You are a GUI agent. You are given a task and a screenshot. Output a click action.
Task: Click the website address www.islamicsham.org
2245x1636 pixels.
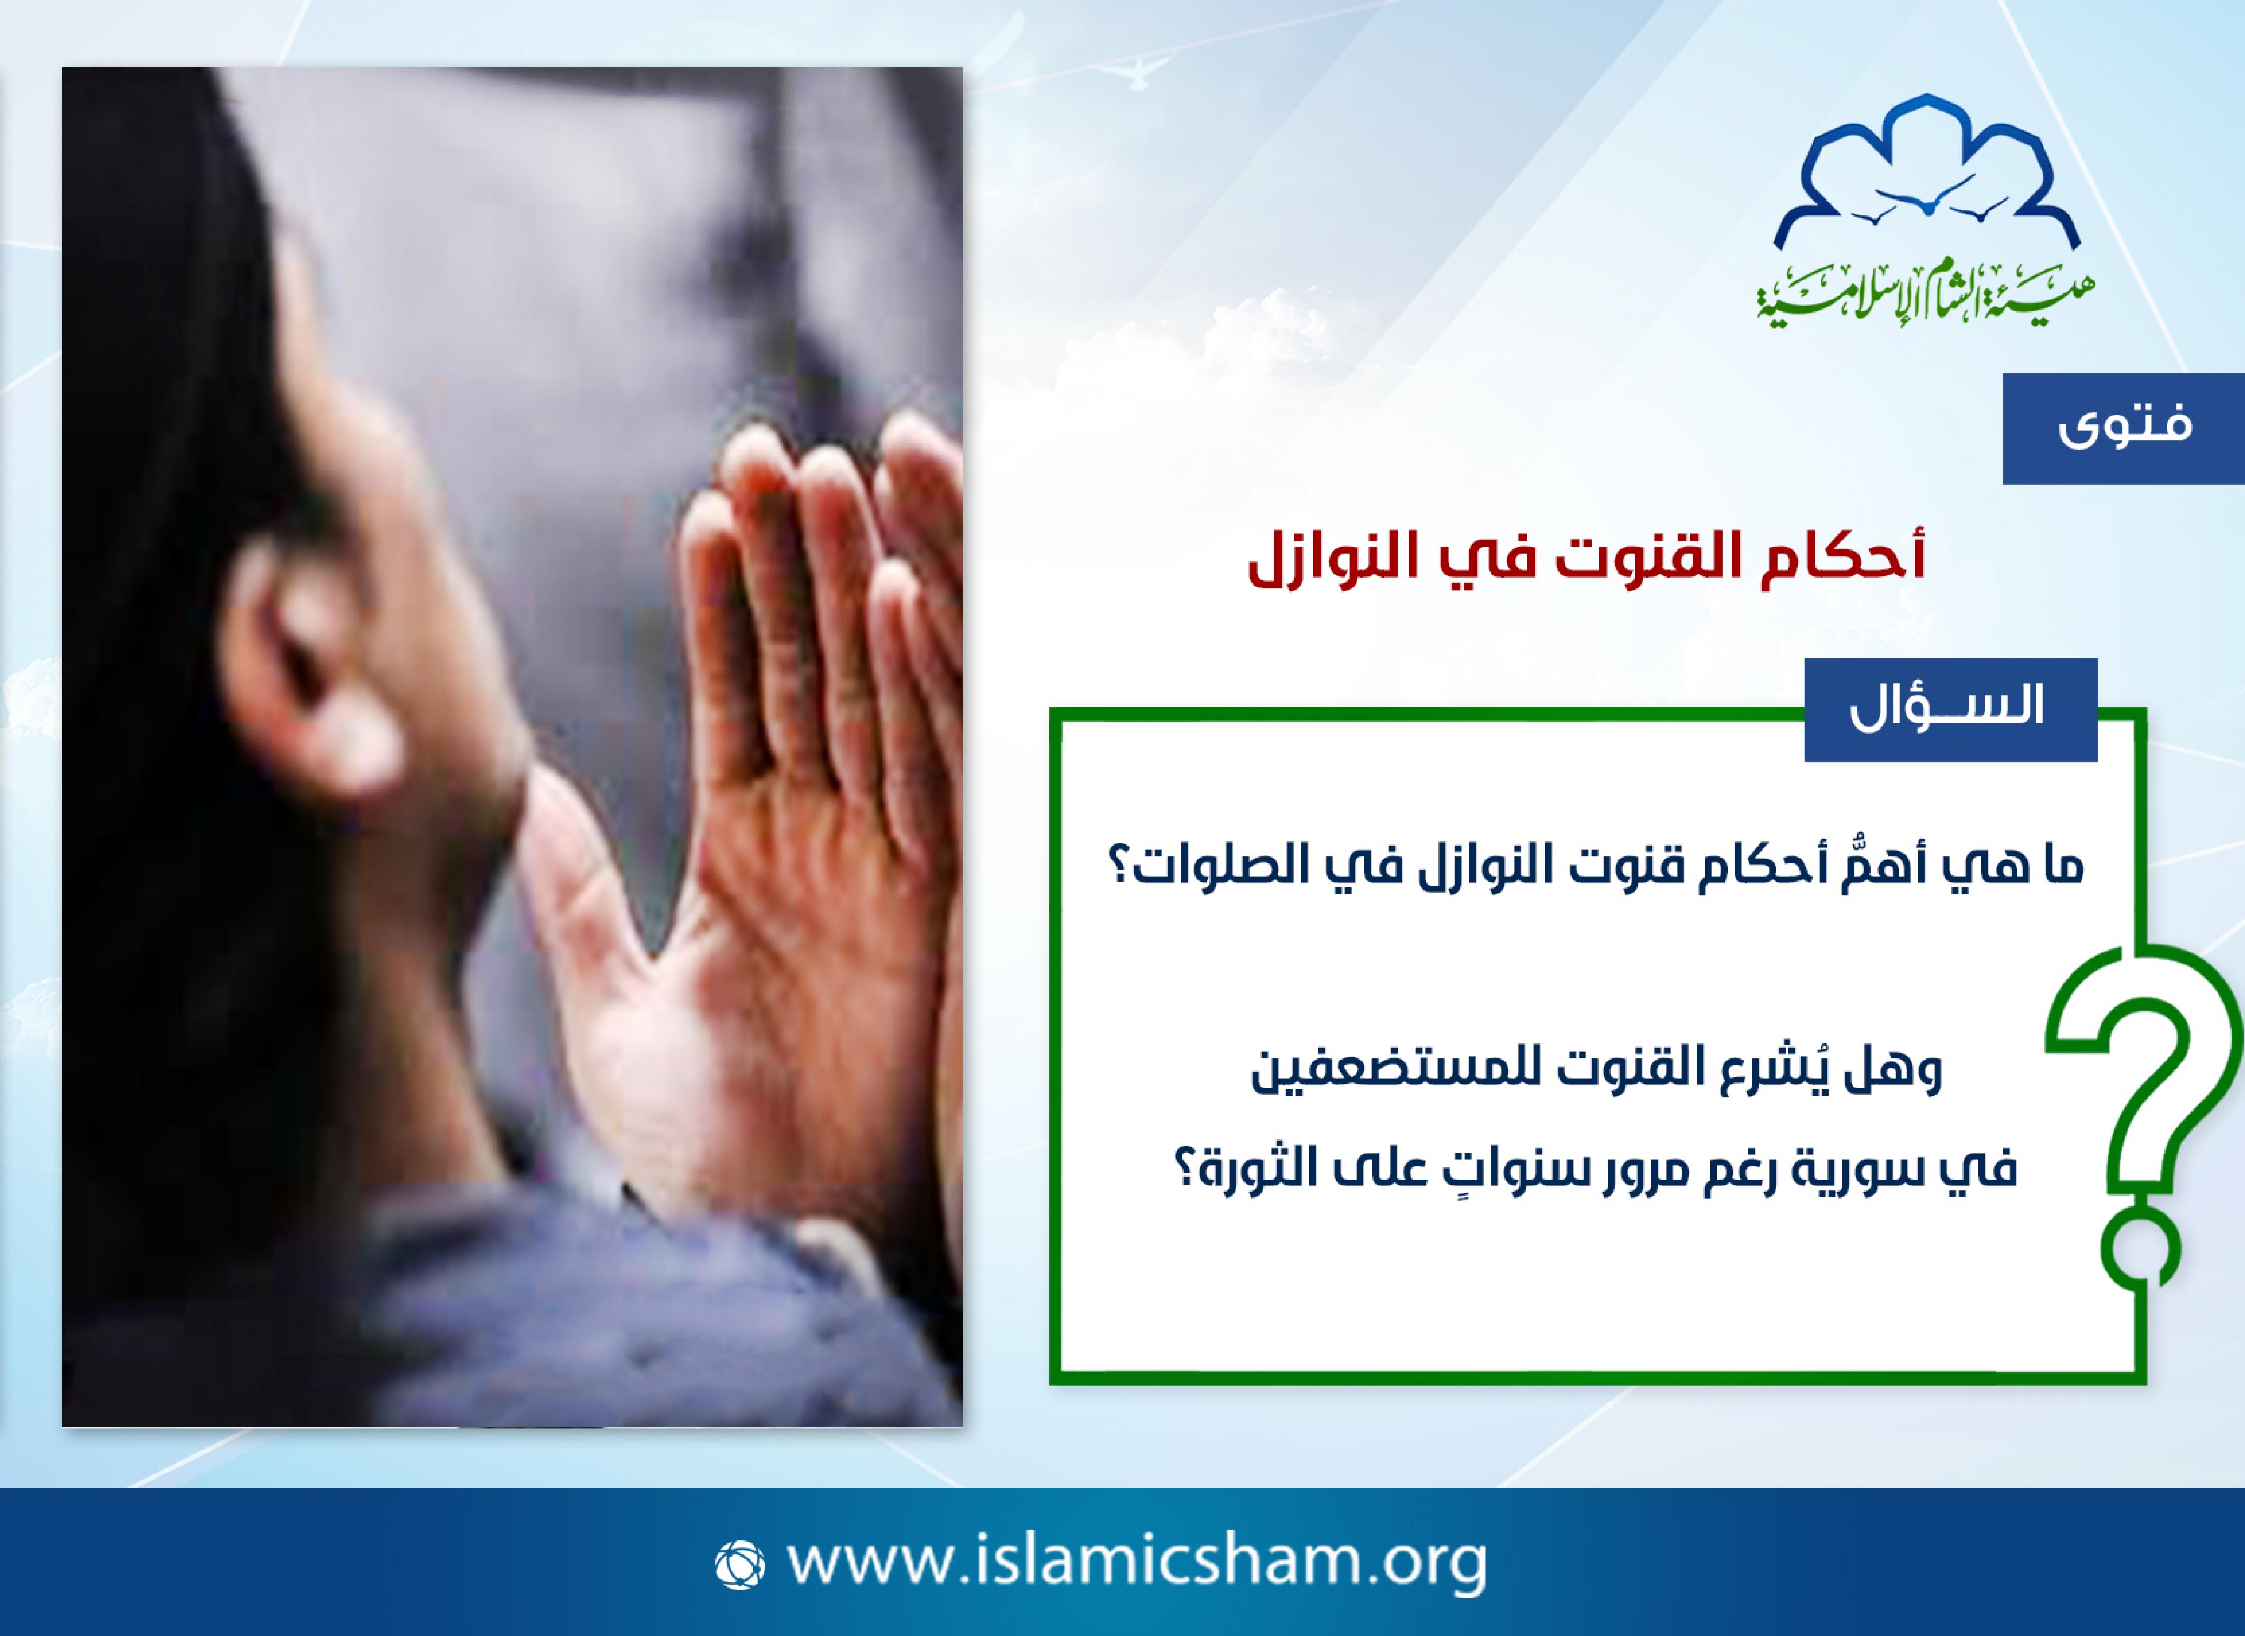1137,1562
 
